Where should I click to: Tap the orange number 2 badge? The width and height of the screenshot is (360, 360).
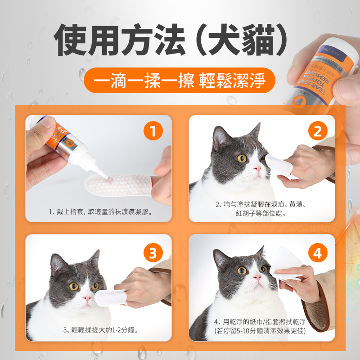[x=318, y=132]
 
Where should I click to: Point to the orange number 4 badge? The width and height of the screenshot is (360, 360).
[x=318, y=253]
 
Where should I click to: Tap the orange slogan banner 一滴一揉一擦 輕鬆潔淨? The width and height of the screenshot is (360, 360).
[x=180, y=81]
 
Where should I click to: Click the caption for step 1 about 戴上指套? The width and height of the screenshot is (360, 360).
[x=100, y=211]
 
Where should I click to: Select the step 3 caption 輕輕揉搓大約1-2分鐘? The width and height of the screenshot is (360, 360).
[x=100, y=330]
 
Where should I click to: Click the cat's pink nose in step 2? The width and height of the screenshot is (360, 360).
[x=257, y=169]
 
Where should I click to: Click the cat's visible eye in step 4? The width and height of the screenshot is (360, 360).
[x=242, y=270]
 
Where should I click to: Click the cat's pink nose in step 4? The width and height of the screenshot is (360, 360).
[x=256, y=278]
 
